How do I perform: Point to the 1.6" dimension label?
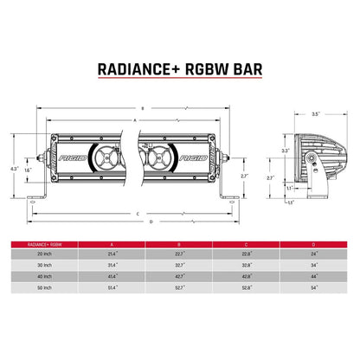pyautogui.click(x=29, y=171)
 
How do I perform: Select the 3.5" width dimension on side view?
pyautogui.click(x=316, y=114)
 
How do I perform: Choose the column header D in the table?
pyautogui.click(x=313, y=245)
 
